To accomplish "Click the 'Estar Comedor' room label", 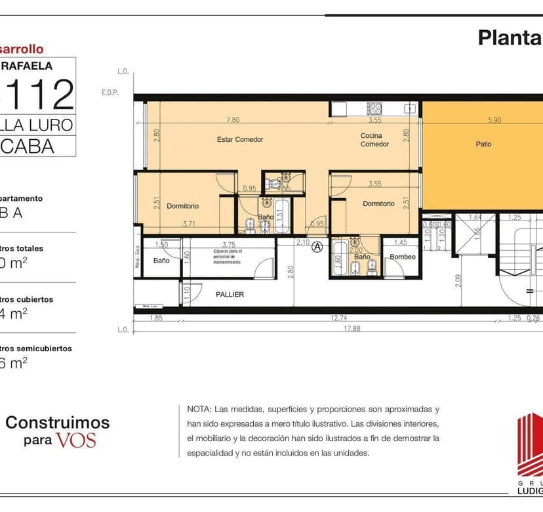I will (239, 139).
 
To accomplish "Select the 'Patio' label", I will (483, 144).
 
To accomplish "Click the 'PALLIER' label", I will (230, 295).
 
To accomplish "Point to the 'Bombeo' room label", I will (402, 257).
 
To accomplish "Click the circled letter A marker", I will (317, 247).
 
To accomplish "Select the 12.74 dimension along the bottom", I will (338, 318).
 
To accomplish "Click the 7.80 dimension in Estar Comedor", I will (233, 120).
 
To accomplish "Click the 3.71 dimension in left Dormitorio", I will (189, 224).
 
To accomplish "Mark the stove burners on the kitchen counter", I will (374, 108).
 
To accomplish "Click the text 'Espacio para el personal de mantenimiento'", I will (228, 256).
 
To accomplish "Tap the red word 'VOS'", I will (75, 440).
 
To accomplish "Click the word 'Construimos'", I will (58, 422).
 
